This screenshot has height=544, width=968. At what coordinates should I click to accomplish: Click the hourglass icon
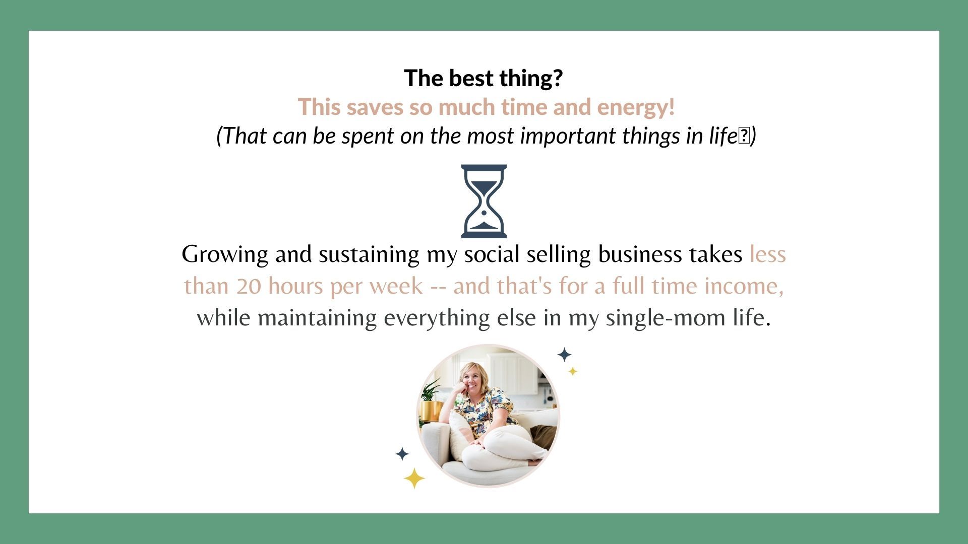coord(484,201)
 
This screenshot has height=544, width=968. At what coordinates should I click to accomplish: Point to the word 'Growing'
coord(225,255)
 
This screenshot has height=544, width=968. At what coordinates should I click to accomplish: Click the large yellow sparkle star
coord(414,478)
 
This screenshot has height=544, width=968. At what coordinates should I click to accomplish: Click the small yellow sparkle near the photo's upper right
coord(573,371)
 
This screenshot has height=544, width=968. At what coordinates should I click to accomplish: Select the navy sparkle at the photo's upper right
coord(564,355)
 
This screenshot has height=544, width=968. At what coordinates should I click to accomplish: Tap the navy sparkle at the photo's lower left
coord(402,454)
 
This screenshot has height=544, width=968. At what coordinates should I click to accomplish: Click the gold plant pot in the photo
coord(430,411)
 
